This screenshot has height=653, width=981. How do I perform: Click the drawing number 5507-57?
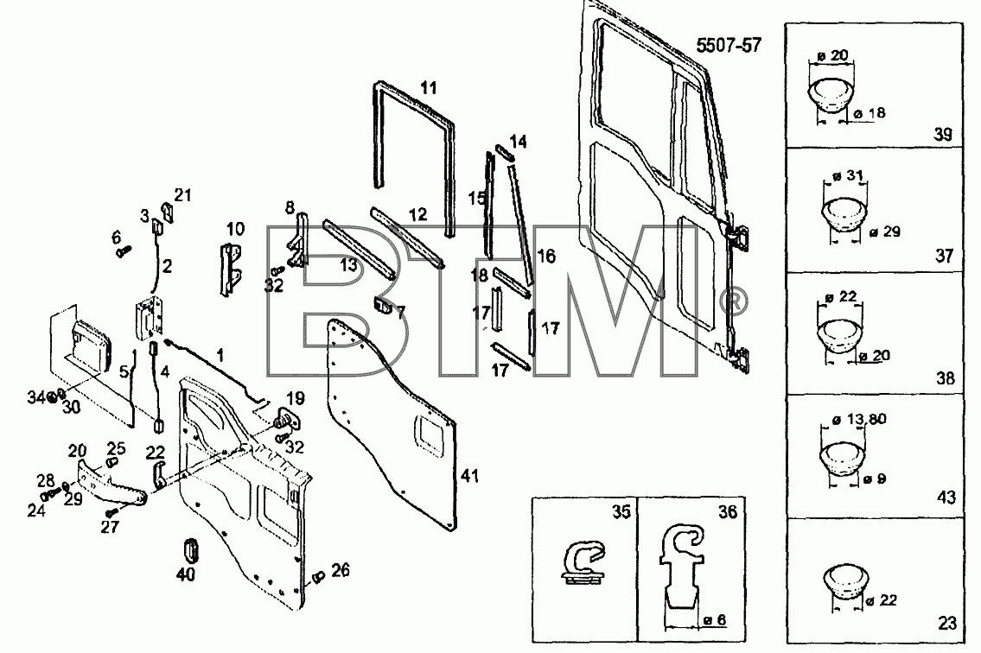click(729, 45)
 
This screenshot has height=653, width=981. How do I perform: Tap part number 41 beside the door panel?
click(469, 476)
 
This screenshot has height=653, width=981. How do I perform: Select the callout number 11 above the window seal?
click(428, 87)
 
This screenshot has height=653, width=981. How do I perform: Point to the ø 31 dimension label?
click(849, 175)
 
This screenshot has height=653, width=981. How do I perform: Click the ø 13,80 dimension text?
click(859, 419)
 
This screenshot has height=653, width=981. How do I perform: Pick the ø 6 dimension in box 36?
click(715, 620)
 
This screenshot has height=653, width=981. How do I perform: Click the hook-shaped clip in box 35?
click(583, 562)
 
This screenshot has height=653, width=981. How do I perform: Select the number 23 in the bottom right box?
click(947, 623)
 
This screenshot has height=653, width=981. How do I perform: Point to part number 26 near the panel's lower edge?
click(341, 570)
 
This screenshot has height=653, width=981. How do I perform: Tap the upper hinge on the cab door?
click(742, 237)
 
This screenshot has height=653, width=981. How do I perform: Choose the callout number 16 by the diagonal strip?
click(546, 256)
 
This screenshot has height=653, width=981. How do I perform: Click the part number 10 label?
click(235, 229)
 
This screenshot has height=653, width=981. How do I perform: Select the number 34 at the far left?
click(35, 396)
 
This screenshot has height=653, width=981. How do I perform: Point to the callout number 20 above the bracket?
click(77, 450)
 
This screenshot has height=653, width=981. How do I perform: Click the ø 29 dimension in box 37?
click(885, 231)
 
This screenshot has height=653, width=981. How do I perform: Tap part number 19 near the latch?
click(296, 398)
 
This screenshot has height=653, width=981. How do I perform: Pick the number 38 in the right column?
click(946, 377)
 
